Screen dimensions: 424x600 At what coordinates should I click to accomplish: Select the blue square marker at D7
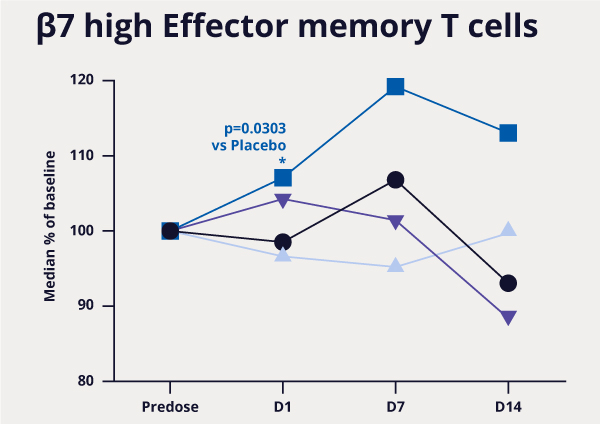[x=395, y=87]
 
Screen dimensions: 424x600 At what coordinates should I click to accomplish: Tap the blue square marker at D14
[x=508, y=133]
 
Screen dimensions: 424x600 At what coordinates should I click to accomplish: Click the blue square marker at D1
[x=283, y=178]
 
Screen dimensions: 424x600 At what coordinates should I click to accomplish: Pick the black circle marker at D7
[x=395, y=180]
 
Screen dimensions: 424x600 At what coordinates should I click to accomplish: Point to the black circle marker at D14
[x=508, y=283]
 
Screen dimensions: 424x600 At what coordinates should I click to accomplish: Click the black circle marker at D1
[x=283, y=242]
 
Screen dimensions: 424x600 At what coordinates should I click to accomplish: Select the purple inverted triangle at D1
[x=283, y=201]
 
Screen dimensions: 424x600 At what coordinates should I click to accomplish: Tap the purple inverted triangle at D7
[x=395, y=222]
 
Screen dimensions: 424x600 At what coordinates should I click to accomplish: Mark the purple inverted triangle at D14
[x=508, y=318]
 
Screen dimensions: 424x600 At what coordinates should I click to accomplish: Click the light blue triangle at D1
[x=283, y=255]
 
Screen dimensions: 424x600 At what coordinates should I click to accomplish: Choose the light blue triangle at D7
[x=395, y=265]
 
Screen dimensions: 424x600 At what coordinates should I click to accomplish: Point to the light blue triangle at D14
[x=508, y=229]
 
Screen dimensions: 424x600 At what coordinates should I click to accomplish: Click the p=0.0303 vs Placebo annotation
[x=254, y=137]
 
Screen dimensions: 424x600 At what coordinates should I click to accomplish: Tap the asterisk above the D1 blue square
[x=283, y=161]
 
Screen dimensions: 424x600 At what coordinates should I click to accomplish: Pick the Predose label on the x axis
[x=170, y=407]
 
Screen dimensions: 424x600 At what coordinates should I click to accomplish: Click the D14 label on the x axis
[x=508, y=407]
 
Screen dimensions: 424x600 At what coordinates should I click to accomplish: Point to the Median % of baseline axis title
[x=49, y=231]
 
